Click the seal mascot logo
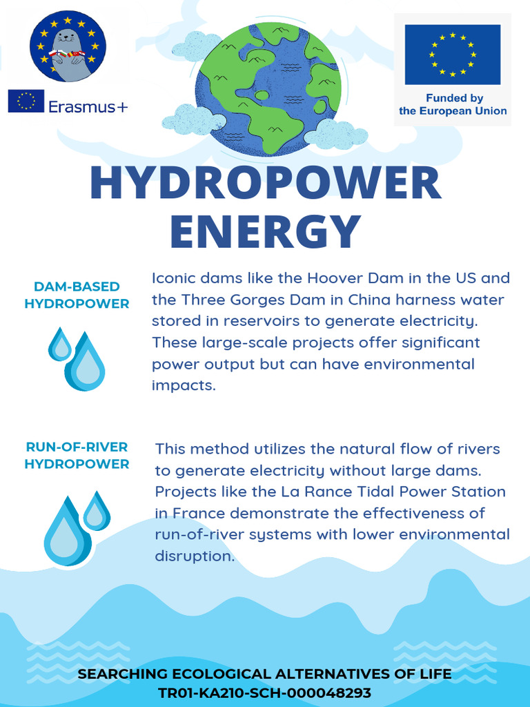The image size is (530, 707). [x=67, y=46]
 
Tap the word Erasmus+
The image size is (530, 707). [x=88, y=106]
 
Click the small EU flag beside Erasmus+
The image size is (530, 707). [x=26, y=101]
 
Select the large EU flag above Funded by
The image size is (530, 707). [x=452, y=55]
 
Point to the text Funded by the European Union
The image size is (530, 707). [x=452, y=105]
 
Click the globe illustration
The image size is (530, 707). [x=268, y=88]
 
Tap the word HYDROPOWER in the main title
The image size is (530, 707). [x=265, y=182]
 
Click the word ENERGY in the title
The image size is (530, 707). [x=265, y=231]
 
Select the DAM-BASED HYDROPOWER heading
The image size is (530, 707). [x=77, y=295]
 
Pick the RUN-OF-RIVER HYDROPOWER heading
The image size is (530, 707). [x=77, y=456]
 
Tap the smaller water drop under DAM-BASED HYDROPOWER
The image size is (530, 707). [x=60, y=344]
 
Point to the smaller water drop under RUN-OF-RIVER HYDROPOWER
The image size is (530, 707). [x=96, y=512]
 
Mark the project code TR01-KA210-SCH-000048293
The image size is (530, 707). [x=265, y=693]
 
